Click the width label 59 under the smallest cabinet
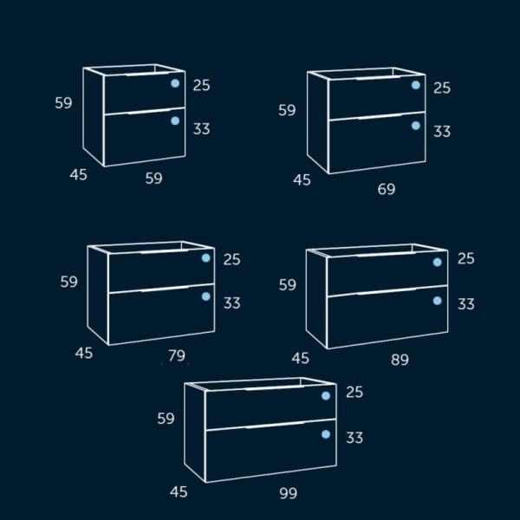(153, 179)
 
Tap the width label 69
(387, 188)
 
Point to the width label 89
(400, 360)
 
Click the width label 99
(289, 493)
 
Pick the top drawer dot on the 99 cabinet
(326, 396)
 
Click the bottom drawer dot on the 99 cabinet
(326, 434)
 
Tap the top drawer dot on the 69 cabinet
(416, 85)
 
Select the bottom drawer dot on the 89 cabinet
(438, 301)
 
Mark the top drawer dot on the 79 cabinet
(206, 258)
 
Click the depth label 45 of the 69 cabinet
(302, 180)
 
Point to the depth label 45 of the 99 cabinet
(179, 492)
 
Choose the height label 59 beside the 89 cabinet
(287, 284)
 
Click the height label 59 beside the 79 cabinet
(69, 281)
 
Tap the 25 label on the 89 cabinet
(466, 258)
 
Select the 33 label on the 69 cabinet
(442, 132)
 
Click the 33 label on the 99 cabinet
(354, 438)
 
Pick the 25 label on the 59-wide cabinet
(202, 85)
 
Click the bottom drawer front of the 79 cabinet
(161, 316)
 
